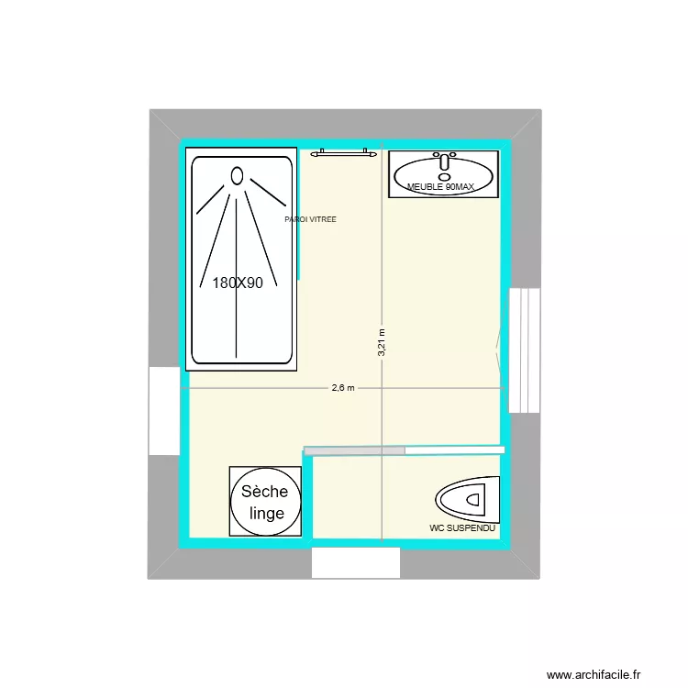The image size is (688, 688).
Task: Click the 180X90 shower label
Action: pos(238,283)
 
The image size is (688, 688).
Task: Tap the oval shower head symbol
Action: pos(238,175)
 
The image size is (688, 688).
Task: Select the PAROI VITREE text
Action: pos(310,220)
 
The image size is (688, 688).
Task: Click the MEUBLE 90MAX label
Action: pos(441,188)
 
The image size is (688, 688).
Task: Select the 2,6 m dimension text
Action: pos(343,388)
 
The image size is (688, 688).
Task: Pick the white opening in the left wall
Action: pos(164,411)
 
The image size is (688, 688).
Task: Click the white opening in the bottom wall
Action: pos(355,562)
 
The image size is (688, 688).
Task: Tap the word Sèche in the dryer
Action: pos(264,493)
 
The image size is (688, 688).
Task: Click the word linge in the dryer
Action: pos(266,514)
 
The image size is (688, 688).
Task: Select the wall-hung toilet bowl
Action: pos(467,500)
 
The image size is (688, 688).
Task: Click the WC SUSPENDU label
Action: pos(462,529)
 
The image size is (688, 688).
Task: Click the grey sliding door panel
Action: pos(355,450)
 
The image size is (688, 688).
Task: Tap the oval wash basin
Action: pos(444,173)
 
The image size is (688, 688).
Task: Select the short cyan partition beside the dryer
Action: pos(309,495)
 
